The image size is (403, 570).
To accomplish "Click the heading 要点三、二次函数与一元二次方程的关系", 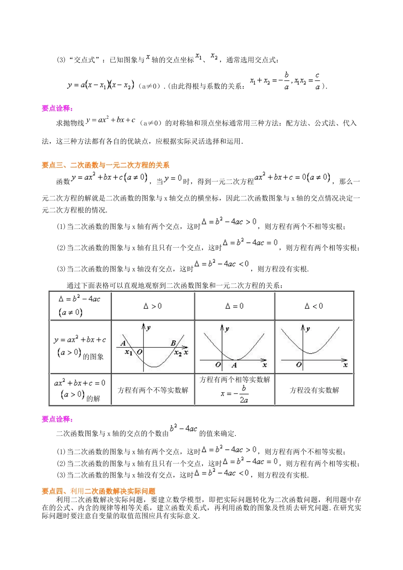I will pos(105,165).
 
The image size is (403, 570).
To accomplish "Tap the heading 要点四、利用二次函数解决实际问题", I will pos(98,491).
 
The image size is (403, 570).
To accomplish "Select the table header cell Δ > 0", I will pos(152,306).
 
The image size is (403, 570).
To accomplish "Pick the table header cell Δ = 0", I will pos(234,306).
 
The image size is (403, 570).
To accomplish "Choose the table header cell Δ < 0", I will pos(313,306).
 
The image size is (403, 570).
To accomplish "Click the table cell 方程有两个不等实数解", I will pos(153,390).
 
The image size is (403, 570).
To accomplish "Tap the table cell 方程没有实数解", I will pos(314,390).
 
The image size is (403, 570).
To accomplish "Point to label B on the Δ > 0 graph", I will pos(173,343).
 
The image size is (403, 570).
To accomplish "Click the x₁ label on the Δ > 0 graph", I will pos(128,352).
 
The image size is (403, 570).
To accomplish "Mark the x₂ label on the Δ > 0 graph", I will pos(178,353).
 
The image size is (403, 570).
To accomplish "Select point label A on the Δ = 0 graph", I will pos(234,365).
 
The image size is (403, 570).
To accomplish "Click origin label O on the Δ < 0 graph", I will pos(299,365).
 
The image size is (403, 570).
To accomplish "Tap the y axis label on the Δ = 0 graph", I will pos(227,329).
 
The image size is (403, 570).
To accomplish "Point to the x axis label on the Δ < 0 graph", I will pos(345,365).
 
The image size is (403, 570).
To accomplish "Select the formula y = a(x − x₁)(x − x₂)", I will pos(101,85).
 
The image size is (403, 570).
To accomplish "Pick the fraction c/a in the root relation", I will pos(317,81).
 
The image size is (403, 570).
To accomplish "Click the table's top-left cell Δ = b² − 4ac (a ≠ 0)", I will pos(80,305).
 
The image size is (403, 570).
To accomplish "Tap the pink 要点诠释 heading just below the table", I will pos(57,419).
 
